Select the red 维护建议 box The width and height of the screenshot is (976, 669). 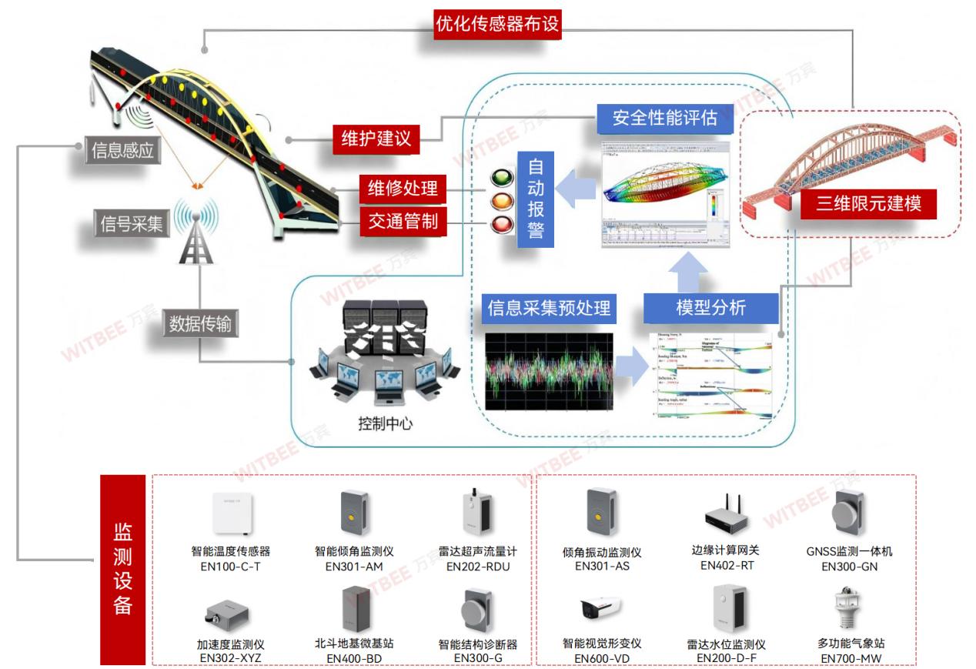pyautogui.click(x=376, y=139)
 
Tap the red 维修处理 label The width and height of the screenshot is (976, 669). pyautogui.click(x=403, y=187)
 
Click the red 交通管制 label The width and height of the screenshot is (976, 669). pyautogui.click(x=403, y=222)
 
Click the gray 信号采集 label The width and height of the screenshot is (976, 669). pyautogui.click(x=130, y=224)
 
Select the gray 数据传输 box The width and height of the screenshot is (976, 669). pyautogui.click(x=199, y=324)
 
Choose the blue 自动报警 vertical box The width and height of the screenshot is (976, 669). pyautogui.click(x=536, y=199)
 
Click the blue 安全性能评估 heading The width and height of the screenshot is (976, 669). pyautogui.click(x=664, y=119)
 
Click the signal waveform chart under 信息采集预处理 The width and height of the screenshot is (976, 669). pyautogui.click(x=548, y=369)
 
